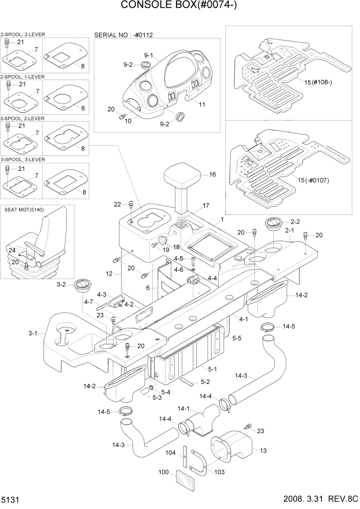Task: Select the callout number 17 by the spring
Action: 206,206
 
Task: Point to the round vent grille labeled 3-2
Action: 83,285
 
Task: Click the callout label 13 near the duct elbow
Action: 264,451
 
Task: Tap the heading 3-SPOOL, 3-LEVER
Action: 23,160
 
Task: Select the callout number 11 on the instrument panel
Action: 202,104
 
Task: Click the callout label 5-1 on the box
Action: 212,368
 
